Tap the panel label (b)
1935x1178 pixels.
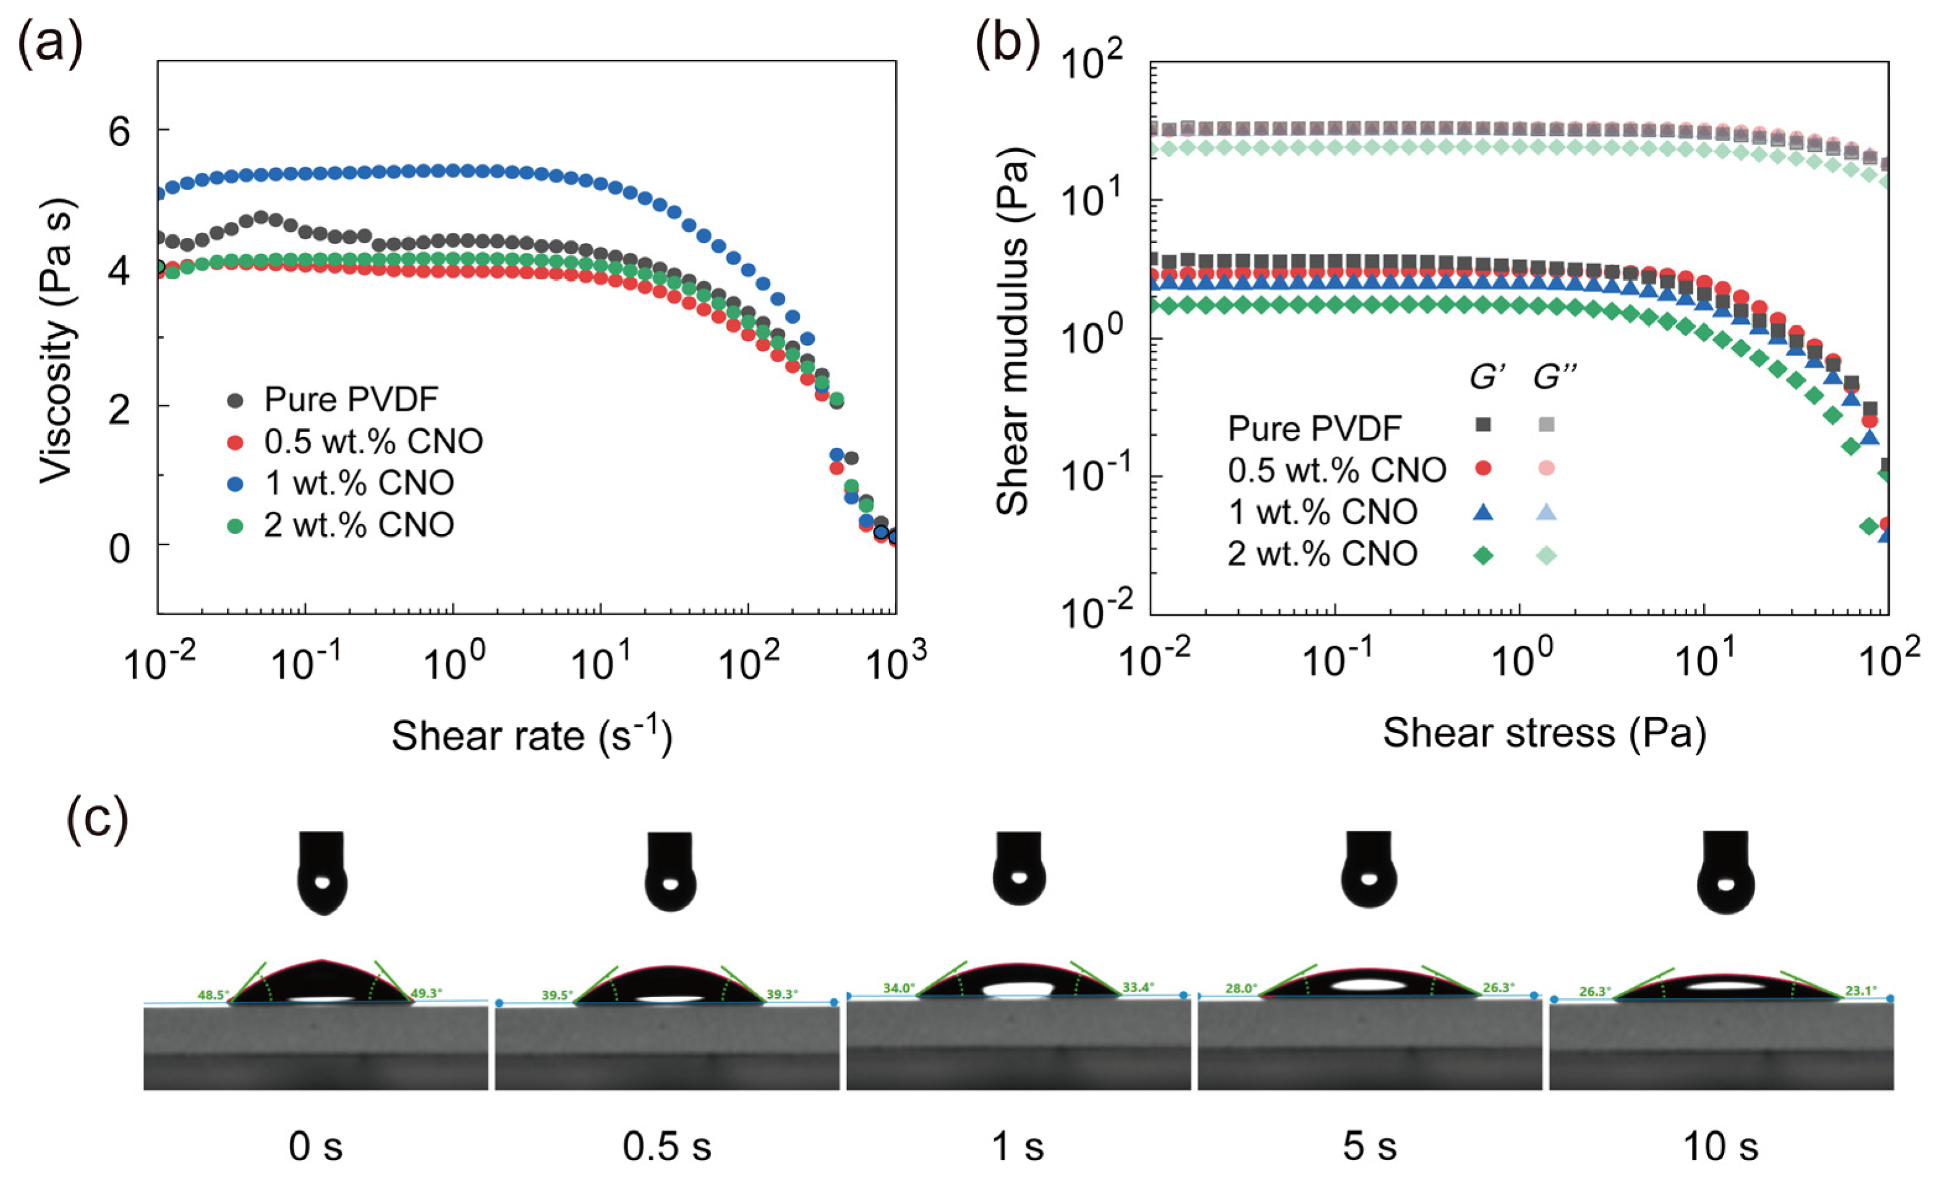coord(1007,46)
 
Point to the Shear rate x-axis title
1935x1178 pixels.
coord(532,736)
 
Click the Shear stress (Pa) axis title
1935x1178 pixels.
coord(1545,733)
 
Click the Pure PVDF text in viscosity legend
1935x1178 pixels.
coord(351,400)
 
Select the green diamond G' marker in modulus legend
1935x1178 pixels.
coord(1482,555)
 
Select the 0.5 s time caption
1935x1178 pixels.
coord(666,1147)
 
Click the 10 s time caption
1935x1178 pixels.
coord(1720,1147)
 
